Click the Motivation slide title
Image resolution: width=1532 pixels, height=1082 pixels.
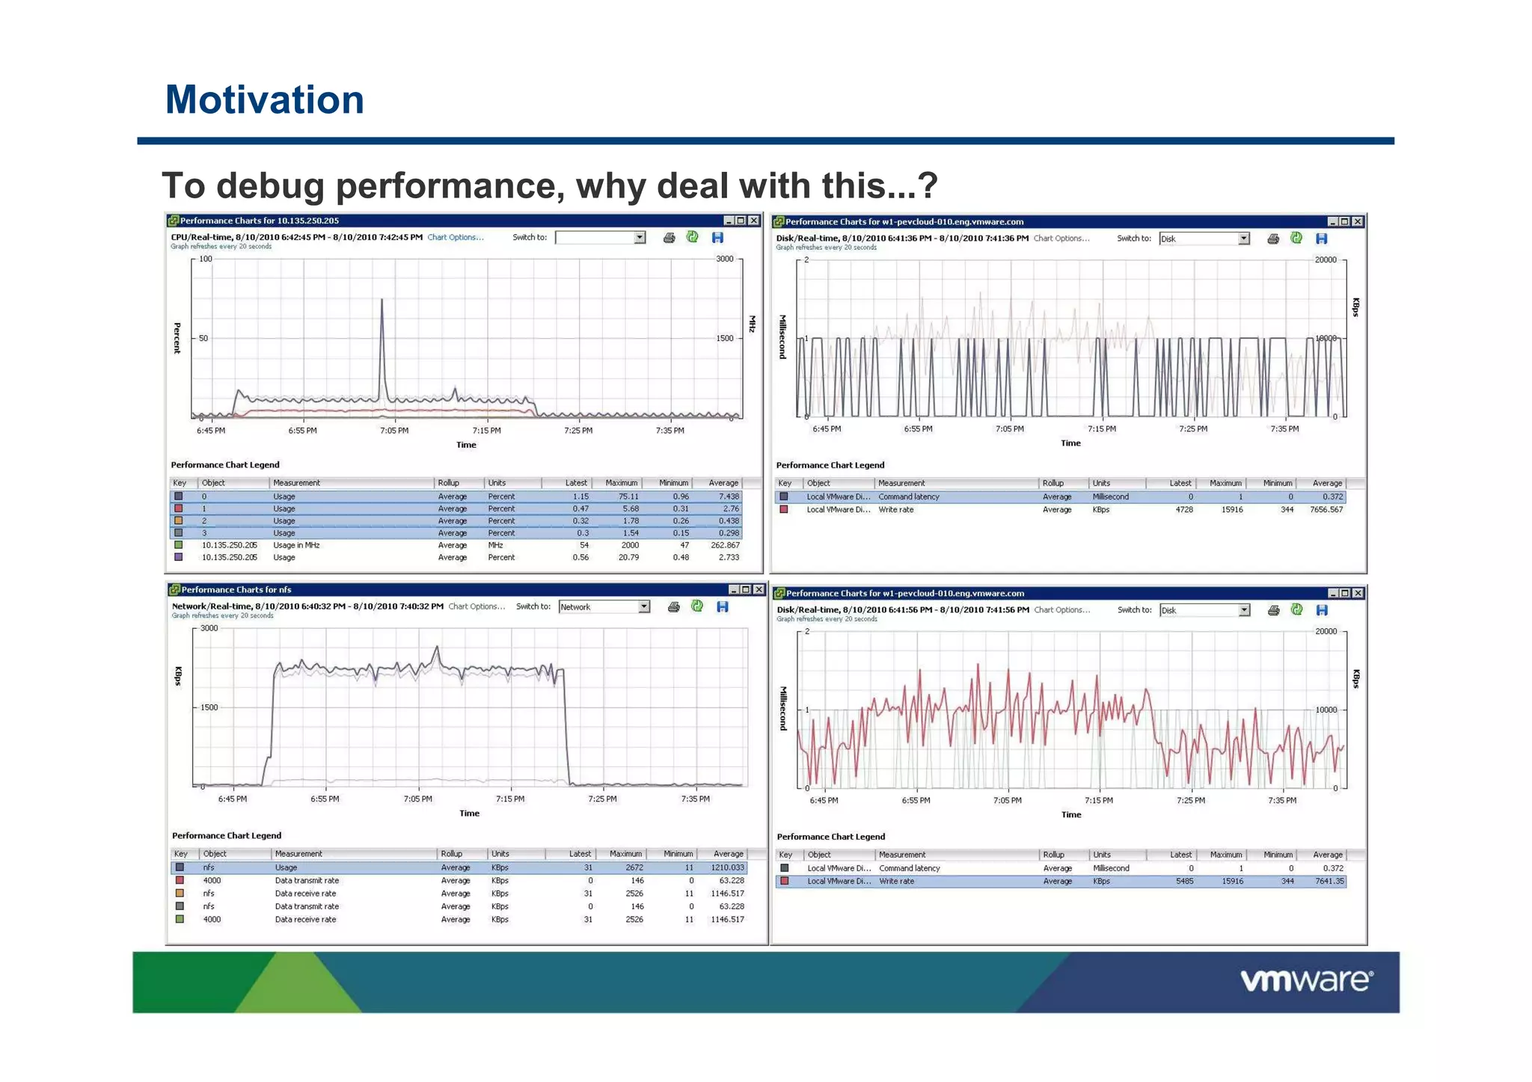(x=264, y=99)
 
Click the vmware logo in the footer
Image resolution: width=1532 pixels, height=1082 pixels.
(x=1306, y=980)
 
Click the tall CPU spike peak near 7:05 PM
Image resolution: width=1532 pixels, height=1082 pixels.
(x=382, y=301)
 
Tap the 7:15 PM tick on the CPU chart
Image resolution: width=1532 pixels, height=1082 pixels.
(x=486, y=431)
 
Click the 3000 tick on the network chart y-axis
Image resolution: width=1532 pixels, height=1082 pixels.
(x=209, y=628)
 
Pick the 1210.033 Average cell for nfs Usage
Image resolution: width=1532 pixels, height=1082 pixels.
(x=727, y=867)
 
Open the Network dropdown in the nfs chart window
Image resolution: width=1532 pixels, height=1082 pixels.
(x=643, y=607)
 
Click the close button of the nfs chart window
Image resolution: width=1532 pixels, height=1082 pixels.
(x=759, y=590)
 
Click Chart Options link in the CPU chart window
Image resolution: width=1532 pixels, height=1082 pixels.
(x=456, y=238)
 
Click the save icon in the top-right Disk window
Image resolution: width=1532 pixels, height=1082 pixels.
(x=1322, y=239)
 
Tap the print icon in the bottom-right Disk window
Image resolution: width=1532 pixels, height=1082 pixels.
(x=1274, y=610)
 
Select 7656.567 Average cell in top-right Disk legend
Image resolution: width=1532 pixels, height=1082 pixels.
(x=1326, y=510)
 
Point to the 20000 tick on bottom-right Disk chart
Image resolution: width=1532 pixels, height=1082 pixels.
(x=1326, y=632)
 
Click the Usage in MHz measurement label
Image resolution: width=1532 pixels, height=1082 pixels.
(x=296, y=546)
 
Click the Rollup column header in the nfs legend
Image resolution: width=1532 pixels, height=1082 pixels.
(x=452, y=854)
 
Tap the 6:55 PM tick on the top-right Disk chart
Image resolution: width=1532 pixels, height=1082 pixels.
(x=918, y=429)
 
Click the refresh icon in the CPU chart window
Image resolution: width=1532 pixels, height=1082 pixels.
(x=693, y=237)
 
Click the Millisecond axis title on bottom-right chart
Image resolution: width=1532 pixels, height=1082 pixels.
(x=783, y=708)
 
